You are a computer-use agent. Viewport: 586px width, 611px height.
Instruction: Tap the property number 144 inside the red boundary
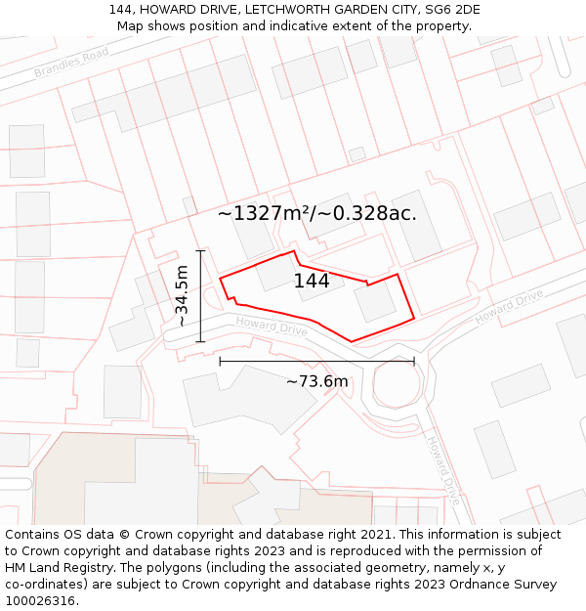[312, 282]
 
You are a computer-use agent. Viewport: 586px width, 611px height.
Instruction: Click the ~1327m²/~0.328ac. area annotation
[316, 213]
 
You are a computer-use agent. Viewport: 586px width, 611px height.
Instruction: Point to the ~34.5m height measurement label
[181, 295]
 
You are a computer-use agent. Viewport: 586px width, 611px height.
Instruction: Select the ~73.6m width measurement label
[316, 381]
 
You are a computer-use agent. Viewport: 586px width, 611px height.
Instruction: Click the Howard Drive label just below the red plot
[272, 327]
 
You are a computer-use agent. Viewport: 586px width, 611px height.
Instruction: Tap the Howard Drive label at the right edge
[509, 308]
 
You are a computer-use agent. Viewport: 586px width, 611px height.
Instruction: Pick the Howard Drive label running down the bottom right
[442, 470]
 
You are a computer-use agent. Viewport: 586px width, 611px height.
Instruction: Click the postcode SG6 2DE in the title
[450, 10]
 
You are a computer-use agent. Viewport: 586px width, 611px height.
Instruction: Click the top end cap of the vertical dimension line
[200, 251]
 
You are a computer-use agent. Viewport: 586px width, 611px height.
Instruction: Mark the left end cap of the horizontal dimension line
[220, 361]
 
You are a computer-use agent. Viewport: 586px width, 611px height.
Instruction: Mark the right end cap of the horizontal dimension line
[414, 361]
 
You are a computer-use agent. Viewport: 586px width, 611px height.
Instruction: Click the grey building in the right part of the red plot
[375, 302]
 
